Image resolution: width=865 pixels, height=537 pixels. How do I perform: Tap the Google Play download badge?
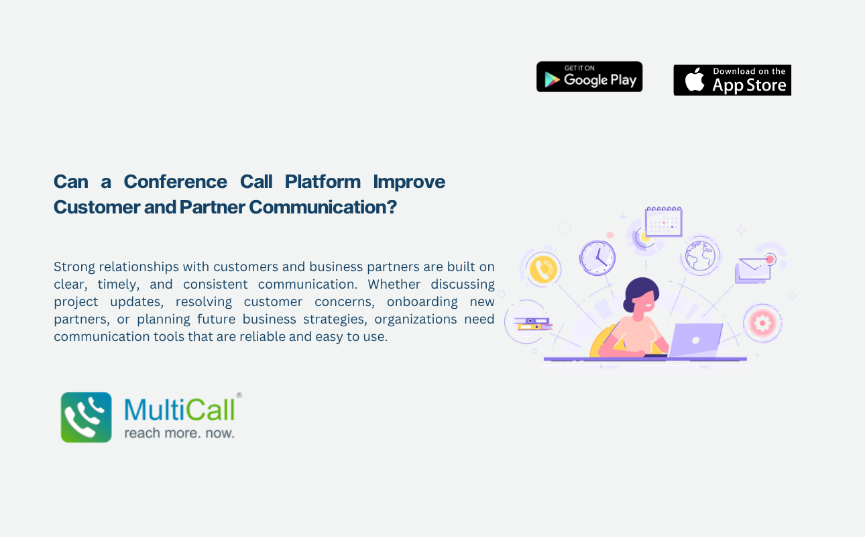(589, 77)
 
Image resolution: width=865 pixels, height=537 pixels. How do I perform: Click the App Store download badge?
(732, 80)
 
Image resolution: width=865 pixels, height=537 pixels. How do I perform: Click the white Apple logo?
(695, 80)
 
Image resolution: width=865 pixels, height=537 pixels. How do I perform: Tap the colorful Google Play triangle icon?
(552, 80)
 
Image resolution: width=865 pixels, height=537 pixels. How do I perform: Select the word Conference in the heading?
(175, 182)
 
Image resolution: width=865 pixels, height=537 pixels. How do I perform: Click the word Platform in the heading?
(323, 182)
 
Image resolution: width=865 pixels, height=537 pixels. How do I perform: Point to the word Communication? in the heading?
(323, 207)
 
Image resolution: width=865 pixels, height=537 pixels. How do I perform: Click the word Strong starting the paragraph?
(73, 266)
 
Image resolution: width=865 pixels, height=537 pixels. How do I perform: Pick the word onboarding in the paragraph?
(422, 301)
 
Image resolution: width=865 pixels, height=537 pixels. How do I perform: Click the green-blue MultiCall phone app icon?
(86, 417)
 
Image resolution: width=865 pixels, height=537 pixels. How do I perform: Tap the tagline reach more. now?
(179, 433)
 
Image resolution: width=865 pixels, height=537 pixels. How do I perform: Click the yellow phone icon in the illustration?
(543, 269)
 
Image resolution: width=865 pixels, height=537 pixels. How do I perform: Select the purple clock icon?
(597, 258)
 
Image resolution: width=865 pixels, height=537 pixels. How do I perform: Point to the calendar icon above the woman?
(663, 222)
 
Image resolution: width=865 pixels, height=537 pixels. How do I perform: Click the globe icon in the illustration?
(700, 256)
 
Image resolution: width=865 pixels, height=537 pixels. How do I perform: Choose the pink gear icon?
(762, 323)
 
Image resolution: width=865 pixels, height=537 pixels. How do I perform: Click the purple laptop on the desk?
(695, 340)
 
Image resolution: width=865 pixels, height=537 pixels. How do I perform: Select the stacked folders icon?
(533, 324)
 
